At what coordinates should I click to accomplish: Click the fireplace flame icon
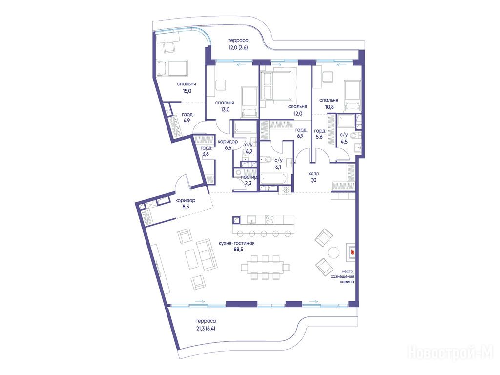click(353, 252)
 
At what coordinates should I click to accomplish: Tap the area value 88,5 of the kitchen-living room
click(238, 250)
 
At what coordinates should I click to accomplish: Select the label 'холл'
click(313, 174)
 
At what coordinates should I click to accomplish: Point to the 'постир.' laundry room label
click(249, 177)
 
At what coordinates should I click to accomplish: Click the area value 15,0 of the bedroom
click(187, 91)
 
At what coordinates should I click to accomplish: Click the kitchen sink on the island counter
click(251, 220)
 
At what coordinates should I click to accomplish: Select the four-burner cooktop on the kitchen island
click(270, 220)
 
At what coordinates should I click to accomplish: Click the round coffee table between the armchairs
click(334, 252)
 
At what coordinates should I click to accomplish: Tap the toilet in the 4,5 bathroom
click(354, 136)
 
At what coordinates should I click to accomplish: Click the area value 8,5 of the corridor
click(185, 207)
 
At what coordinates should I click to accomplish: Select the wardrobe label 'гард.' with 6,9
click(301, 130)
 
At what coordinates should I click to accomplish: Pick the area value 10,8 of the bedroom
click(330, 107)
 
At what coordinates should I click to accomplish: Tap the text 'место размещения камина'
click(342, 277)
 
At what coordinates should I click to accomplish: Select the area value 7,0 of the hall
click(313, 180)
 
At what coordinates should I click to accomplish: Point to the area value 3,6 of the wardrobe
click(206, 154)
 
